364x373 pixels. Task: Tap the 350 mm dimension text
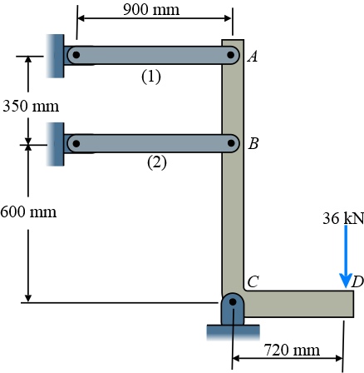[x=31, y=107]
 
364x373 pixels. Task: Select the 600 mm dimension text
[x=29, y=211]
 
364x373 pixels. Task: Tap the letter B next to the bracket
[x=253, y=143]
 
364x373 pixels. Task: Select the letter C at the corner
[x=252, y=283]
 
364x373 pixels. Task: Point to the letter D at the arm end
[x=357, y=282]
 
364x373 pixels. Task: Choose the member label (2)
[x=157, y=162]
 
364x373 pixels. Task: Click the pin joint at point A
[x=233, y=56]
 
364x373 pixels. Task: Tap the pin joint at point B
[x=233, y=143]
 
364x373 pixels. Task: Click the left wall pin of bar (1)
[x=76, y=56]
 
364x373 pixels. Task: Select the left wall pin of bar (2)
[x=76, y=143]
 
